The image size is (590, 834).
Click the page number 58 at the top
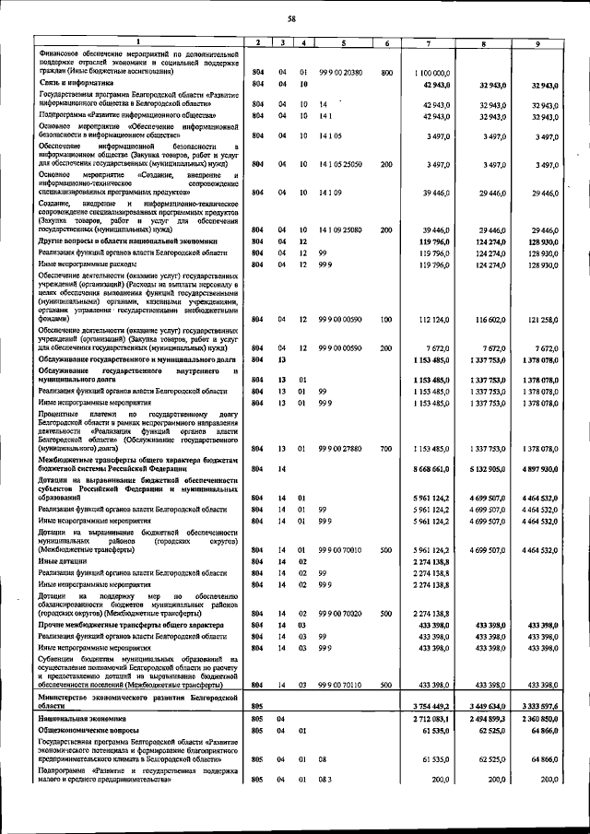291,18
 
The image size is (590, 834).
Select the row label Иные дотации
61,559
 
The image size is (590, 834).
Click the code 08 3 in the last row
323,780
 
